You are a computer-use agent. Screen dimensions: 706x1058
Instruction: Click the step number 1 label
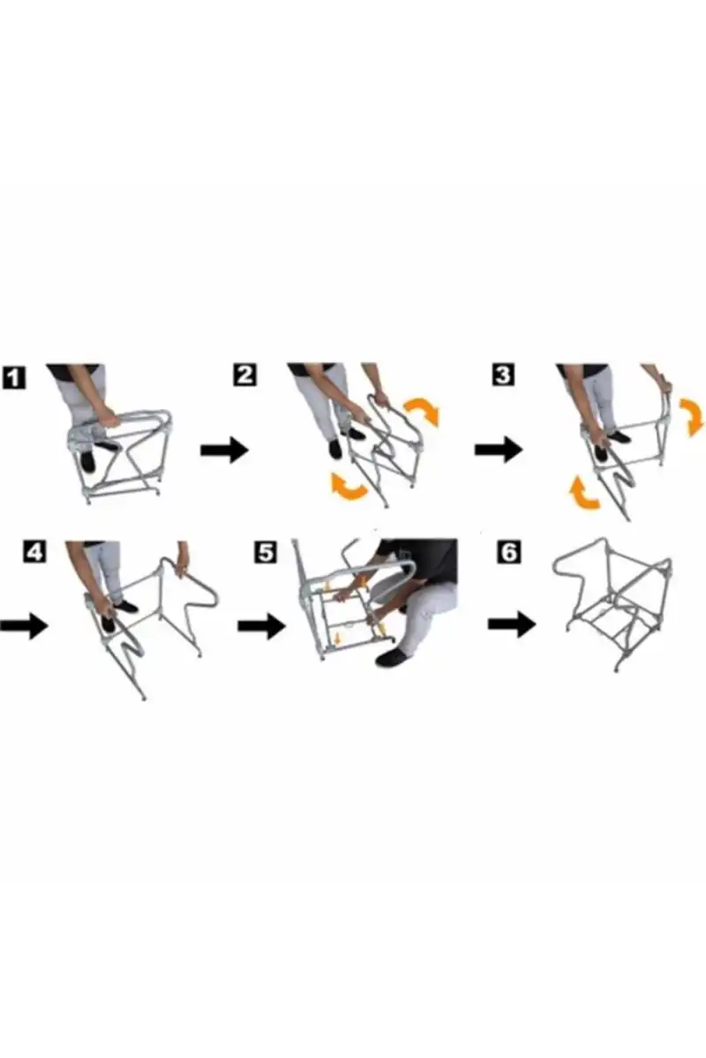[x=14, y=377]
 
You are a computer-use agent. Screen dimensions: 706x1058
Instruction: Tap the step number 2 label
[x=245, y=376]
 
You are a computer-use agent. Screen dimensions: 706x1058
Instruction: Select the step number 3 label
[x=503, y=375]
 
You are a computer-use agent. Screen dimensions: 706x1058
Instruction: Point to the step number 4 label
[x=35, y=552]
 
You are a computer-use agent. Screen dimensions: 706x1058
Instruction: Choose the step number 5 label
[x=266, y=552]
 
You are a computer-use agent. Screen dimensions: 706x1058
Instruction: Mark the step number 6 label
[x=509, y=552]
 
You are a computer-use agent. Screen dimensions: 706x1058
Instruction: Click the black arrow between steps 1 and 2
[x=225, y=450]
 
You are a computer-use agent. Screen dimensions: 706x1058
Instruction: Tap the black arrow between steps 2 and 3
[x=499, y=449]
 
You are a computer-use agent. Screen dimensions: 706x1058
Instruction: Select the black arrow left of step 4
[x=24, y=626]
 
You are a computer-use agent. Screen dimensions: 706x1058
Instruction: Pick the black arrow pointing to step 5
[x=262, y=626]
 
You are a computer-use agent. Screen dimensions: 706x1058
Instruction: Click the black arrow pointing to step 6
[x=512, y=624]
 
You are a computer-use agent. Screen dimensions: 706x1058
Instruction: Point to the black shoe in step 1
[x=88, y=461]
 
